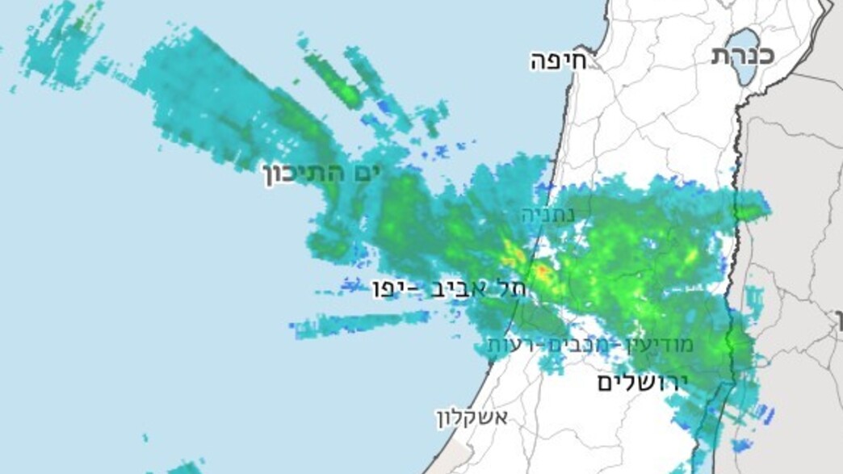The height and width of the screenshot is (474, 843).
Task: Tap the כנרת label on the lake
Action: [x=743, y=55]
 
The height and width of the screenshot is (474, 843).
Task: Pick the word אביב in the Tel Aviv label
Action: [x=464, y=287]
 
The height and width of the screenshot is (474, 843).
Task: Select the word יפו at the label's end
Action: [x=392, y=287]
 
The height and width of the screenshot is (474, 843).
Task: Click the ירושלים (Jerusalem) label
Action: [x=642, y=382]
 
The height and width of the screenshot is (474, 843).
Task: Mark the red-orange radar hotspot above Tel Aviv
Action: [x=543, y=271]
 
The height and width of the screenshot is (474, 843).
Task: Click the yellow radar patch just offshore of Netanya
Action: [x=510, y=251]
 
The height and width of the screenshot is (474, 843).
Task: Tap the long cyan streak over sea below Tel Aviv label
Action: [x=363, y=323]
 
